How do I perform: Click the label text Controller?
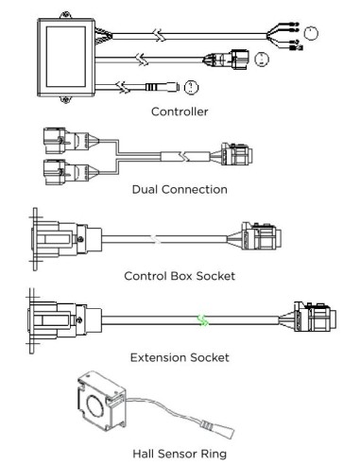pyautogui.click(x=180, y=112)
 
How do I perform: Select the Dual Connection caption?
pyautogui.click(x=180, y=190)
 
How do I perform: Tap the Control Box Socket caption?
pyautogui.click(x=180, y=276)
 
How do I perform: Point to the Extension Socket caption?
pyautogui.click(x=180, y=357)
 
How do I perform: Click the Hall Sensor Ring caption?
pyautogui.click(x=180, y=454)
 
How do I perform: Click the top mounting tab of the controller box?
pyautogui.click(x=65, y=15)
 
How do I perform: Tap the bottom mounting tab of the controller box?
pyautogui.click(x=65, y=100)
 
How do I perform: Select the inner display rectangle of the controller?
pyautogui.click(x=66, y=57)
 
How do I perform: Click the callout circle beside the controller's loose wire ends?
pyautogui.click(x=311, y=33)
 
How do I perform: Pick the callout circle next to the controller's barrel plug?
pyautogui.click(x=192, y=87)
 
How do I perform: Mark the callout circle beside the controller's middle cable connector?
pyautogui.click(x=262, y=60)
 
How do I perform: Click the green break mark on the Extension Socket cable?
pyautogui.click(x=203, y=320)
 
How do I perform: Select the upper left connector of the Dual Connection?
pyautogui.click(x=71, y=141)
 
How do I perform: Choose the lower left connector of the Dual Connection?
pyautogui.click(x=71, y=172)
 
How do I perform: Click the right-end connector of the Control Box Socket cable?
pyautogui.click(x=255, y=236)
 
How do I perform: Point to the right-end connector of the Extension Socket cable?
pyautogui.click(x=308, y=317)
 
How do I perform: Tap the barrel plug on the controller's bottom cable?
pyautogui.click(x=163, y=87)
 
